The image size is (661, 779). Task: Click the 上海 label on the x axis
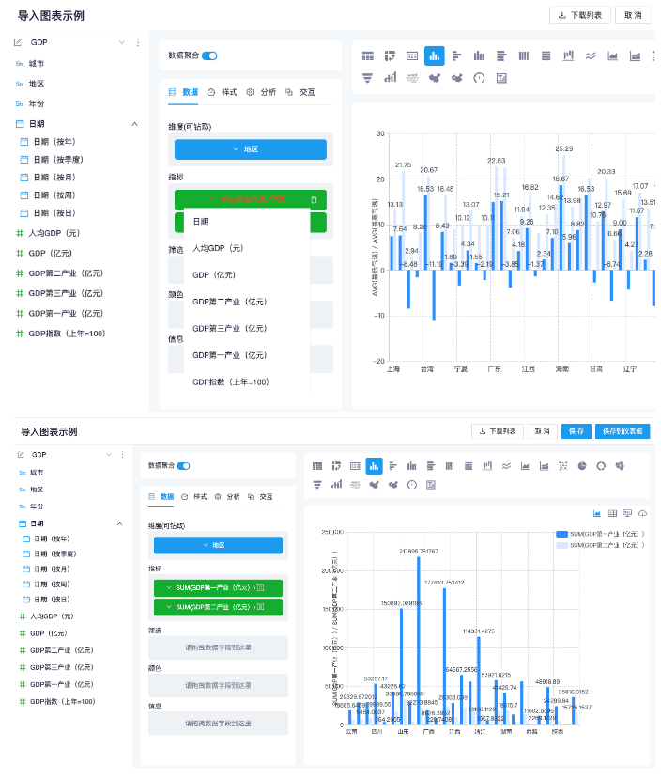[x=393, y=369]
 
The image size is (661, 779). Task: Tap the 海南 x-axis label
[x=562, y=369]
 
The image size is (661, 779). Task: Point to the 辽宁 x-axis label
[x=630, y=369]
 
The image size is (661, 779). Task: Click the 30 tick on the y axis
[x=379, y=133]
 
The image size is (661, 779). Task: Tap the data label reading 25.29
[x=563, y=148]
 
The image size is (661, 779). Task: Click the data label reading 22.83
[x=496, y=161]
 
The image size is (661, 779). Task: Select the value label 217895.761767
[x=419, y=551]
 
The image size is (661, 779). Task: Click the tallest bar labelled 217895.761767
[x=418, y=639]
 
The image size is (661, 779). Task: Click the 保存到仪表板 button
[x=622, y=431]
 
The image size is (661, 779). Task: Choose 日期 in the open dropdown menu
[x=201, y=221]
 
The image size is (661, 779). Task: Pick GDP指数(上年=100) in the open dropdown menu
[x=230, y=382]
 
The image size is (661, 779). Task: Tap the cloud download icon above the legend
[x=643, y=513]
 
